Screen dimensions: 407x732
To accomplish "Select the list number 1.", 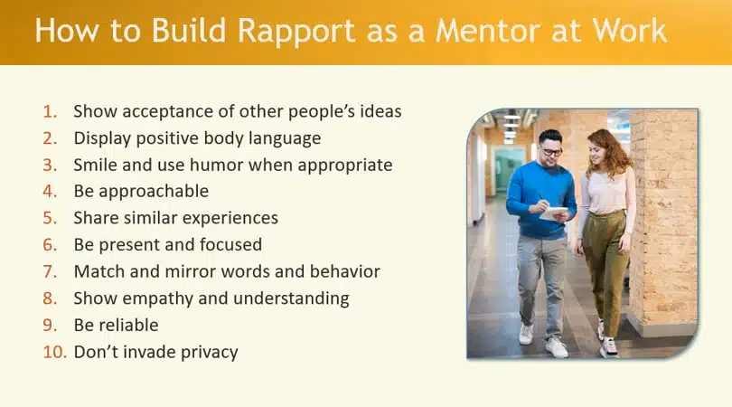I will click(x=50, y=112).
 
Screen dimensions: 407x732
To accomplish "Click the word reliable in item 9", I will click(x=129, y=325).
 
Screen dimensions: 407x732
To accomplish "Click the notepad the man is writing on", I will click(x=554, y=213).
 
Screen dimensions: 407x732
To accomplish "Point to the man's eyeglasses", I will click(x=551, y=151).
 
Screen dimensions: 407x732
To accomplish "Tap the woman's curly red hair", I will click(x=608, y=154).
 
